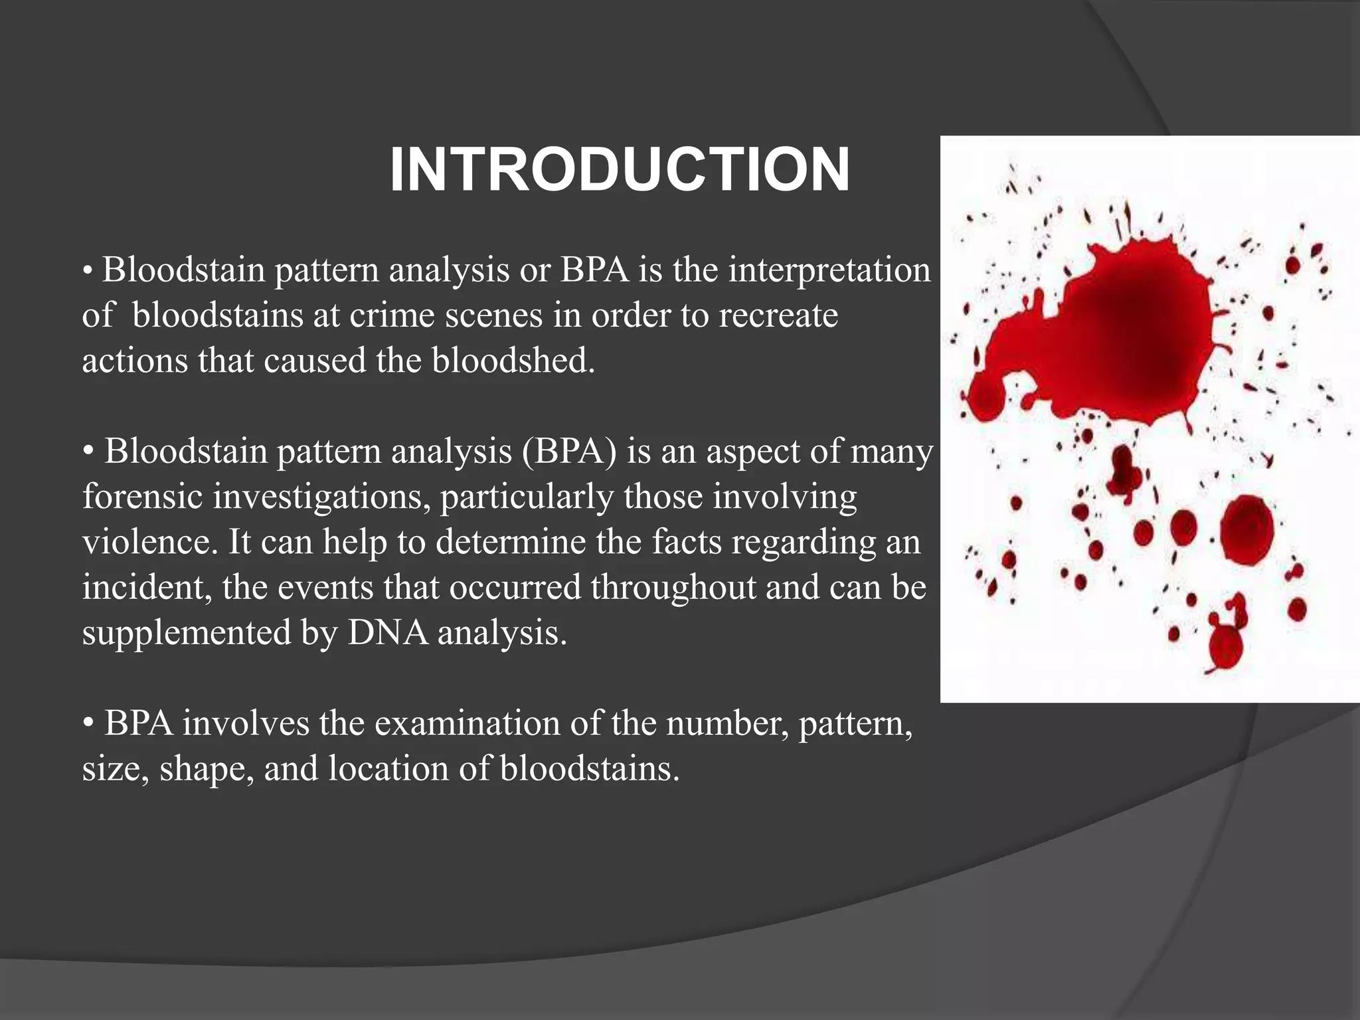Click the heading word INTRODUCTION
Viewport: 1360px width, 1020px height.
[619, 171]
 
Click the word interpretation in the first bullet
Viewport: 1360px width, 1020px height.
[829, 271]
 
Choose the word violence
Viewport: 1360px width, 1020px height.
[150, 543]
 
